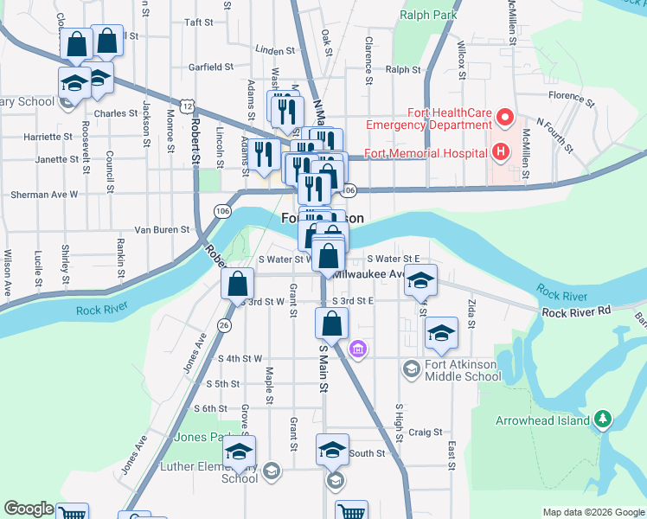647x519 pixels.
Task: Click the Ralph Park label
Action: click(427, 15)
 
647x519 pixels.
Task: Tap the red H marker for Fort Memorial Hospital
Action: click(499, 154)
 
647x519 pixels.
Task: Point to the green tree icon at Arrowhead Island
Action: click(604, 420)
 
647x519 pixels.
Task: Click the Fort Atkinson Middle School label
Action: click(461, 370)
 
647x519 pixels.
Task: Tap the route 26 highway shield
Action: click(224, 325)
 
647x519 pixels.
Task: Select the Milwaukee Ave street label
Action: click(369, 274)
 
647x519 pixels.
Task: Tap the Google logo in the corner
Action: click(29, 509)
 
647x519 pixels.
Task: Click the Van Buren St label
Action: click(161, 229)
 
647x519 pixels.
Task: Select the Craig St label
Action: click(426, 432)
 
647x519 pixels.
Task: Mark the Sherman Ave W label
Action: click(44, 195)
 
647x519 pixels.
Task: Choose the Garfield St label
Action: click(211, 67)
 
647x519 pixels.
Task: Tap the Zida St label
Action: click(471, 314)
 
